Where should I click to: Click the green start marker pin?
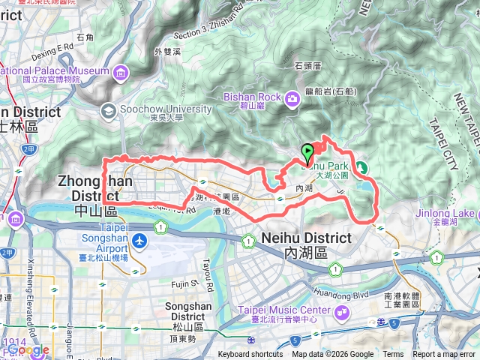pyautogui.click(x=307, y=153)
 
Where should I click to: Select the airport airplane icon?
pyautogui.click(x=139, y=241)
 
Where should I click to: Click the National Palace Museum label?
pyautogui.click(x=52, y=71)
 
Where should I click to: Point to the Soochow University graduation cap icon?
pyautogui.click(x=109, y=109)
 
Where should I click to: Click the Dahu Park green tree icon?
pyautogui.click(x=361, y=166)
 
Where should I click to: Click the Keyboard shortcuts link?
pyautogui.click(x=250, y=355)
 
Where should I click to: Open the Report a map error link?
pyautogui.click(x=445, y=355)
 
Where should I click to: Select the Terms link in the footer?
pyautogui.click(x=393, y=355)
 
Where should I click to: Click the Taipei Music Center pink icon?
pyautogui.click(x=343, y=310)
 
